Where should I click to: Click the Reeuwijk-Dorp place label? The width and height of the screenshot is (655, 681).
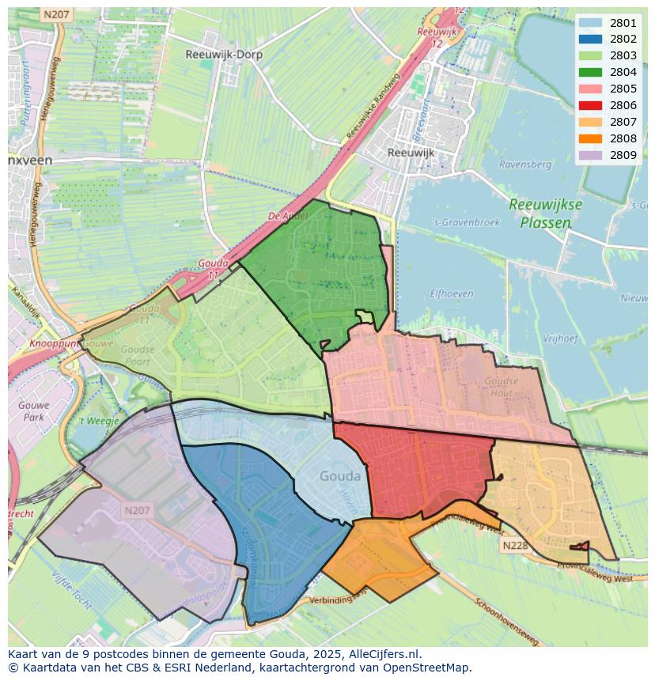[x=224, y=55]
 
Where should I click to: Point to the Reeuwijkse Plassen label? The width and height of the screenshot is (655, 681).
[x=545, y=214]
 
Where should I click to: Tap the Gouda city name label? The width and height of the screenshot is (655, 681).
[x=340, y=476]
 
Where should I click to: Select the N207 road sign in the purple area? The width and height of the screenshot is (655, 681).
[x=136, y=511]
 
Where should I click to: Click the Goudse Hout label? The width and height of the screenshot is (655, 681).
[x=502, y=386]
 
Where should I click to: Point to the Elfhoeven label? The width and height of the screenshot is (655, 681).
[x=452, y=293]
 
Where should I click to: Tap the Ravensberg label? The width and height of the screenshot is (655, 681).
[x=524, y=165]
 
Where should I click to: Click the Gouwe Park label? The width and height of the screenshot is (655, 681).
[x=33, y=410]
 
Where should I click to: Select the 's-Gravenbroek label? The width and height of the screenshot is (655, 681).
[x=468, y=223]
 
